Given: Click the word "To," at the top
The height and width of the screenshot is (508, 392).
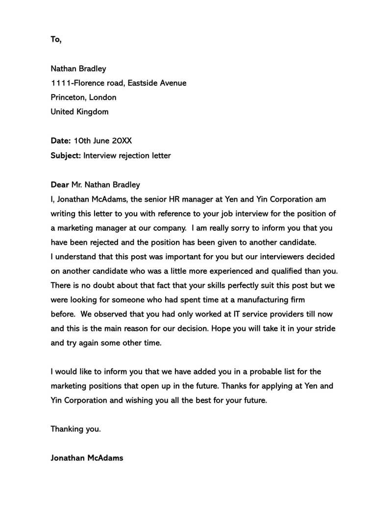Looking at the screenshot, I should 56,39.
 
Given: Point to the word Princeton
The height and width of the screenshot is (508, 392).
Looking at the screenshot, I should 69,97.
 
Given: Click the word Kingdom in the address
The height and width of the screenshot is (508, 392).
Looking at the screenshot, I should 93,111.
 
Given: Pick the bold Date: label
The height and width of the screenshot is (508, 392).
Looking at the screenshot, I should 61,141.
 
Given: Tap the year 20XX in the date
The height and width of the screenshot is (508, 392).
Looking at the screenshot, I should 122,141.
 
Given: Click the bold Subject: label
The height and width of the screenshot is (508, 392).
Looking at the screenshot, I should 66,156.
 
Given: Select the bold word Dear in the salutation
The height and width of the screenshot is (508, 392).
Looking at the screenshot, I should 60,185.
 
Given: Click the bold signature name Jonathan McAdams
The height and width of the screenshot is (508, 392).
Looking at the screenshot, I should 87,458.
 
